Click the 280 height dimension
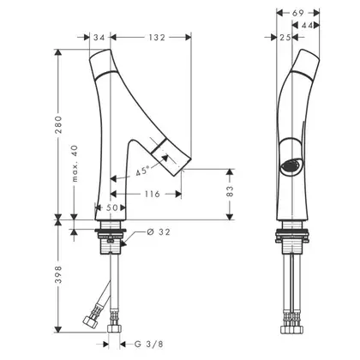click(58, 124)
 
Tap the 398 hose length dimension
click(58, 274)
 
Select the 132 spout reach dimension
click(157, 38)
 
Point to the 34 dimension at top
click(99, 38)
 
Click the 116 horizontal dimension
click(153, 195)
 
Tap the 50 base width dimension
click(111, 207)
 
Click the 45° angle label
click(143, 171)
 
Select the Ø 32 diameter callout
click(159, 231)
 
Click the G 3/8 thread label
click(149, 344)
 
